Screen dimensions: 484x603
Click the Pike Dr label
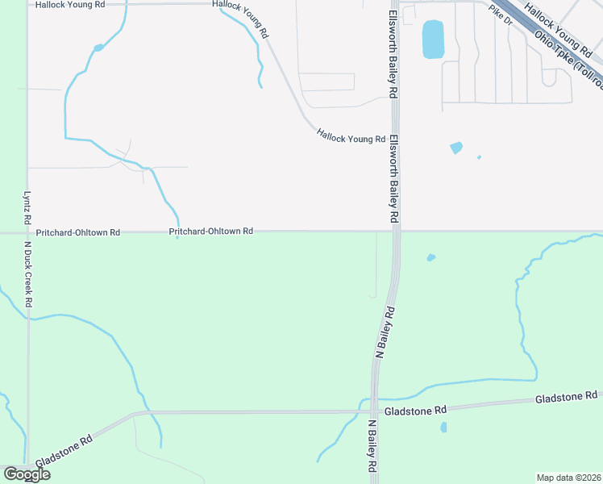(x=501, y=15)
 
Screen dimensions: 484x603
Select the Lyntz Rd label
(x=27, y=207)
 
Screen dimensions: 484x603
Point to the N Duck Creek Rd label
(x=27, y=274)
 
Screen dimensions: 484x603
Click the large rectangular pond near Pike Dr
(x=433, y=40)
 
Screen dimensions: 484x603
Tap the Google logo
(x=27, y=474)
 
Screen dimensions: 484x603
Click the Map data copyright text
(x=569, y=478)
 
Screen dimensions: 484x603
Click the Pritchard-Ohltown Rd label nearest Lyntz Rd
(x=77, y=232)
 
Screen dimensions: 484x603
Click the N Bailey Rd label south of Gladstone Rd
(x=373, y=446)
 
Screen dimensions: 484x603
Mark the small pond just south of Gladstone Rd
(x=444, y=427)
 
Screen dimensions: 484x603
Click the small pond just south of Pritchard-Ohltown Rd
(x=430, y=258)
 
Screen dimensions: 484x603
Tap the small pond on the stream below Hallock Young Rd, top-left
(x=98, y=48)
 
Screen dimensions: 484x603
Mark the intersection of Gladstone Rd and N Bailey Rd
(x=375, y=411)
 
